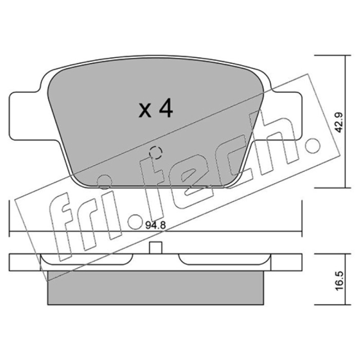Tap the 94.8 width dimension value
point(155,225)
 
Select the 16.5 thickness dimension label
point(339,281)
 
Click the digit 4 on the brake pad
point(166,108)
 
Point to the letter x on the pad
point(145,111)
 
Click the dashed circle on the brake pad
point(156,153)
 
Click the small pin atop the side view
point(155,248)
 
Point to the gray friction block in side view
point(155,288)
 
